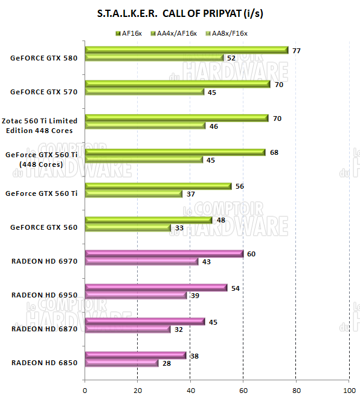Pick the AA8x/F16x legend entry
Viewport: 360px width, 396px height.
coord(227,33)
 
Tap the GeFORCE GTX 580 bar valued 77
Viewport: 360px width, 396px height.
coord(187,50)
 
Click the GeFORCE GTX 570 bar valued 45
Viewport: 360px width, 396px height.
coord(144,92)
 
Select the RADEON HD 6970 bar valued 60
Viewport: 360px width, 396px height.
coord(164,254)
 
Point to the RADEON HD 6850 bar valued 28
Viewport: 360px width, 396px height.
coord(121,363)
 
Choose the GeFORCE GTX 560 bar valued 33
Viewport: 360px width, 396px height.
coord(128,227)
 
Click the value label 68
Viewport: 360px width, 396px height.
coord(274,152)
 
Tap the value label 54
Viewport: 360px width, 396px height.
coord(236,288)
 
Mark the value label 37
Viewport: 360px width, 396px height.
coord(191,193)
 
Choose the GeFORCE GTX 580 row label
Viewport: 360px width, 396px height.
coord(43,58)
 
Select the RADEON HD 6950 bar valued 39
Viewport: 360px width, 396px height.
coord(136,295)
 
